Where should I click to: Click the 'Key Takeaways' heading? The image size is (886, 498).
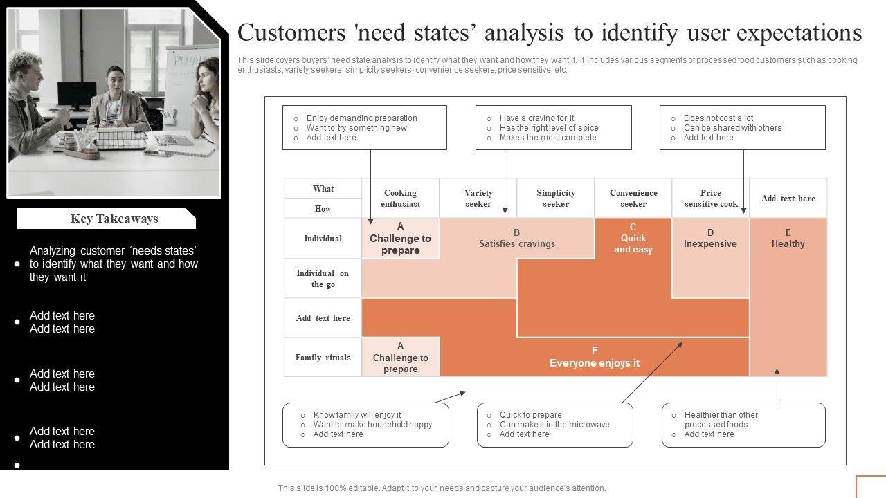point(114,219)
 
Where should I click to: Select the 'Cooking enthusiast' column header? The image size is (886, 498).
point(400,199)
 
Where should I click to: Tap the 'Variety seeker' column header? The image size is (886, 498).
point(478,199)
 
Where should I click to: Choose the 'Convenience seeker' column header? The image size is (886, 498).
point(633,199)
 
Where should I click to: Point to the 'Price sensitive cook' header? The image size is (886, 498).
point(711,199)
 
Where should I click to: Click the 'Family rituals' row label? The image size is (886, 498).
point(323,358)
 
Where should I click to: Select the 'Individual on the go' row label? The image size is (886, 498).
point(323,279)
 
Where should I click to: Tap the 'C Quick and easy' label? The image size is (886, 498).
point(633,239)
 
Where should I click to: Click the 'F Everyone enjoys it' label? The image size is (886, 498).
point(595,357)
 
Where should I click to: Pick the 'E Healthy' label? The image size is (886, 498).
point(788,238)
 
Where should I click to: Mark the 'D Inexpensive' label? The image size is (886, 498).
point(710,238)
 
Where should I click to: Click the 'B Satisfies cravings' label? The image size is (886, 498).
point(516,238)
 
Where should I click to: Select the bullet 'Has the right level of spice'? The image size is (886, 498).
point(548,128)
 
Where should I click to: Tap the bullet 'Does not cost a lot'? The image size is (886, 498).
point(718,118)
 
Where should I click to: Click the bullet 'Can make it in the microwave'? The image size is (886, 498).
point(554,425)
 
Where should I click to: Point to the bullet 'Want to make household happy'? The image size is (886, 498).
point(372,425)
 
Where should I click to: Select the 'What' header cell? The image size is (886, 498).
point(323,189)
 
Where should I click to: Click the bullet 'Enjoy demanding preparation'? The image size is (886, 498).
point(361,118)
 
